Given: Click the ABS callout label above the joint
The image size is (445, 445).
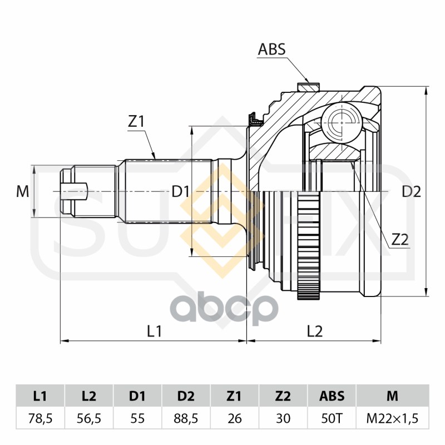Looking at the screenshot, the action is (271, 50).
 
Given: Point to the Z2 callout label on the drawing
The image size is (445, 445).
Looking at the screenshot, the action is (400, 239).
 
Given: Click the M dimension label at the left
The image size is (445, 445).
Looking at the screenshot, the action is (22, 192).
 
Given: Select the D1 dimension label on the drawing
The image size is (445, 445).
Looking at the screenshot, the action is (181, 192).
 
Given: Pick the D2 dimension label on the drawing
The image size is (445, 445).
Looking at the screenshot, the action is (411, 192).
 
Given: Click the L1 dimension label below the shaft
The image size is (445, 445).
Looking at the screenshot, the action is (154, 331).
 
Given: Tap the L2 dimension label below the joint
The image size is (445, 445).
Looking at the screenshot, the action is (315, 331).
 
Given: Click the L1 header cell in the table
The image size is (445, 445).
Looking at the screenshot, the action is (40, 396).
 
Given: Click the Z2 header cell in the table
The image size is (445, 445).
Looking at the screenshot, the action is (283, 396).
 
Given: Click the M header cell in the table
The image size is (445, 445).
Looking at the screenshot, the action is (392, 396).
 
